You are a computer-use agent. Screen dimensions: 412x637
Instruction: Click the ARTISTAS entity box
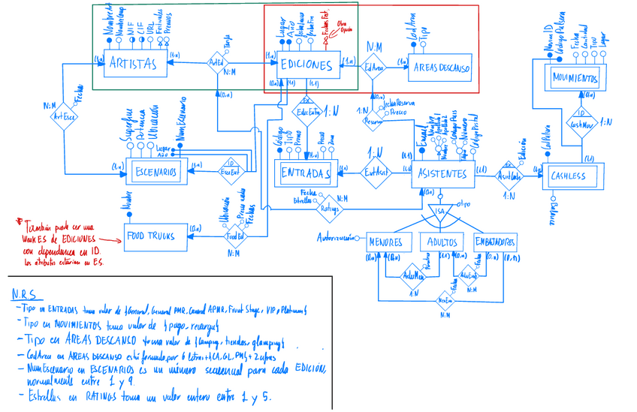tap(134, 65)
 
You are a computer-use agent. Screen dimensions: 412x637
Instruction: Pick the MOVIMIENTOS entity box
tap(575, 78)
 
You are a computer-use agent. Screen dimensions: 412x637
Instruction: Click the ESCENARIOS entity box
tap(155, 173)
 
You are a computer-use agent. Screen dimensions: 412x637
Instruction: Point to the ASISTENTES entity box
tap(443, 173)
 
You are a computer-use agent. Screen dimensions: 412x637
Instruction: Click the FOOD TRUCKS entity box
tap(150, 236)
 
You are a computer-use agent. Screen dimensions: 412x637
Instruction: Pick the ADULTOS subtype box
tap(442, 242)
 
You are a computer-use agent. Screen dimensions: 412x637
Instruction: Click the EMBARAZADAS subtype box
tap(495, 242)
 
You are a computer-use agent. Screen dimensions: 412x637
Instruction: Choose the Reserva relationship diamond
tap(373, 120)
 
